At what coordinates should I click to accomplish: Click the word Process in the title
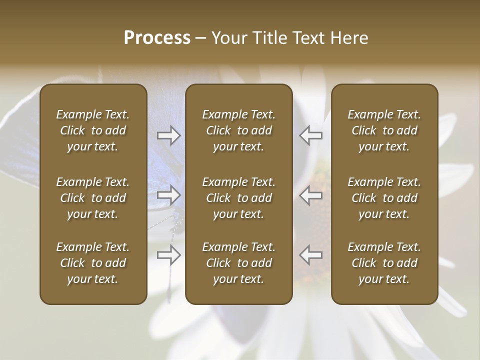pos(157,38)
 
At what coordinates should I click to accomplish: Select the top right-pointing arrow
pos(169,135)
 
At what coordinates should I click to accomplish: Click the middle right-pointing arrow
pos(169,195)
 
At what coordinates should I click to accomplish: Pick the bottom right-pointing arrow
pos(169,255)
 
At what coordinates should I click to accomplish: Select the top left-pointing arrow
pos(311,135)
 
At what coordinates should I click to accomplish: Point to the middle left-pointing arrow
pos(311,195)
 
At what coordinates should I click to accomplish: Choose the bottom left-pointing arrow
pos(311,255)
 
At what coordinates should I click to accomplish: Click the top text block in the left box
pos(93,130)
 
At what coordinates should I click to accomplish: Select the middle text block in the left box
pos(93,198)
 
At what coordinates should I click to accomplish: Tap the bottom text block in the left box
pos(93,263)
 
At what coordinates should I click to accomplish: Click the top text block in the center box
pos(238,130)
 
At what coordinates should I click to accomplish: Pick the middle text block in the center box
pos(238,198)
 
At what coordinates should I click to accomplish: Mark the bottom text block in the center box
pos(238,263)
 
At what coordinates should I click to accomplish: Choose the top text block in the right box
pos(384,130)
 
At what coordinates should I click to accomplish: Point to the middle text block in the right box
pos(384,198)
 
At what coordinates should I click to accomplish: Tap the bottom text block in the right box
pos(384,263)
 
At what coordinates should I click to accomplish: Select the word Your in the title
pos(228,38)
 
